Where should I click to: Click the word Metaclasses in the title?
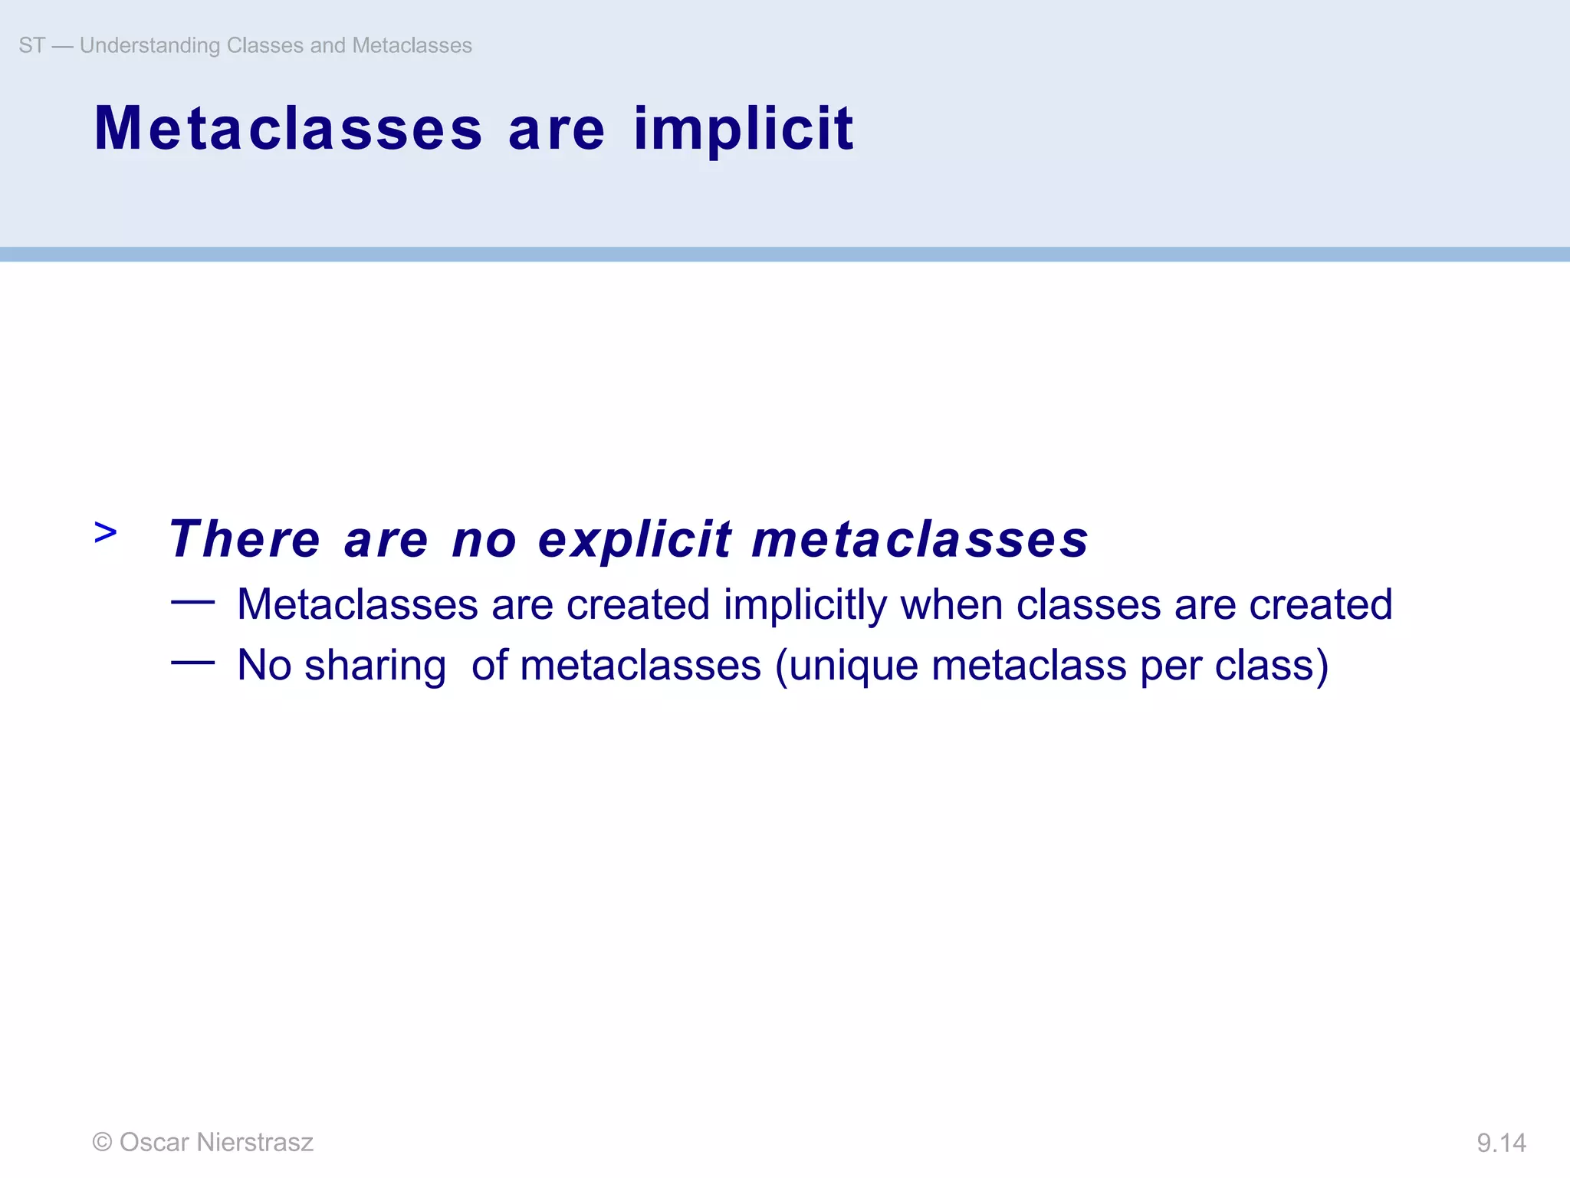pos(288,129)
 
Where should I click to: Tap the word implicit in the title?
pos(743,130)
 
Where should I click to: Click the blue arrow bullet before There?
pos(106,531)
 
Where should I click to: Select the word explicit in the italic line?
pos(635,539)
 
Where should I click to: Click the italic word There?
pos(245,539)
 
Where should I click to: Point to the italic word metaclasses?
pos(920,539)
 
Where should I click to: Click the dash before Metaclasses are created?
pos(192,603)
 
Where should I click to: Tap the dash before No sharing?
pos(192,663)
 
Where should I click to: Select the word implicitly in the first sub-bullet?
pos(805,605)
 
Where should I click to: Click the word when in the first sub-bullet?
pos(951,605)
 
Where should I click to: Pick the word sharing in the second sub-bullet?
pos(375,666)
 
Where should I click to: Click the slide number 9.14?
pos(1501,1143)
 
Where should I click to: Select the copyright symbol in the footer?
pos(102,1142)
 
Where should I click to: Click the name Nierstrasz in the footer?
pos(255,1142)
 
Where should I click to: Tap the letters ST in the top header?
pos(32,45)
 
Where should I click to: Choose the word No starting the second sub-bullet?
pos(264,665)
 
